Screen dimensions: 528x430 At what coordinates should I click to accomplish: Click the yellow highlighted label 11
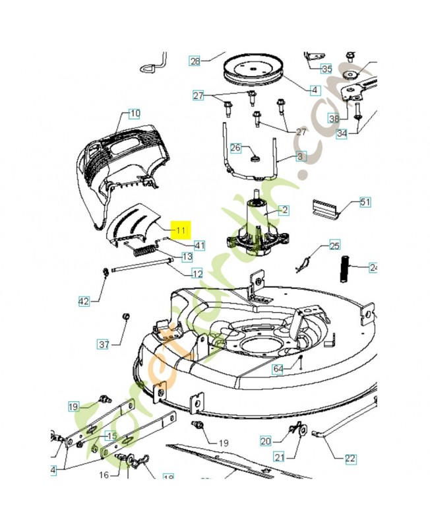pyautogui.click(x=181, y=229)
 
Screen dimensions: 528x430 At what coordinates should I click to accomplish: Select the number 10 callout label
pyautogui.click(x=134, y=113)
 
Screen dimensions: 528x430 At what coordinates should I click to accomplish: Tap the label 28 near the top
pyautogui.click(x=194, y=61)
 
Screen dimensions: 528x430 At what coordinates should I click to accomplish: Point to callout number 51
pyautogui.click(x=365, y=202)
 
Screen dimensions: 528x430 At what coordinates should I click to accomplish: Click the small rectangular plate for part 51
pyautogui.click(x=326, y=209)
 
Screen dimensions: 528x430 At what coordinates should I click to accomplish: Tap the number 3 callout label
pyautogui.click(x=301, y=156)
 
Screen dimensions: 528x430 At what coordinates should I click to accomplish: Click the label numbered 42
pyautogui.click(x=84, y=301)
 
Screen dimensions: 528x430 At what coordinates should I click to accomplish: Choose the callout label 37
pyautogui.click(x=104, y=344)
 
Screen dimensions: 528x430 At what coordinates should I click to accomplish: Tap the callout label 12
pyautogui.click(x=197, y=273)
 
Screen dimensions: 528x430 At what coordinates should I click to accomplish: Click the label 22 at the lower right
pyautogui.click(x=350, y=457)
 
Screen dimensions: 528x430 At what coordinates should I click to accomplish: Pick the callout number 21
pyautogui.click(x=279, y=457)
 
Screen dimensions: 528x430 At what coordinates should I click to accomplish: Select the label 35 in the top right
pyautogui.click(x=327, y=68)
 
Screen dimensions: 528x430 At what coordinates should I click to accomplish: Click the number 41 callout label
pyautogui.click(x=199, y=245)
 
